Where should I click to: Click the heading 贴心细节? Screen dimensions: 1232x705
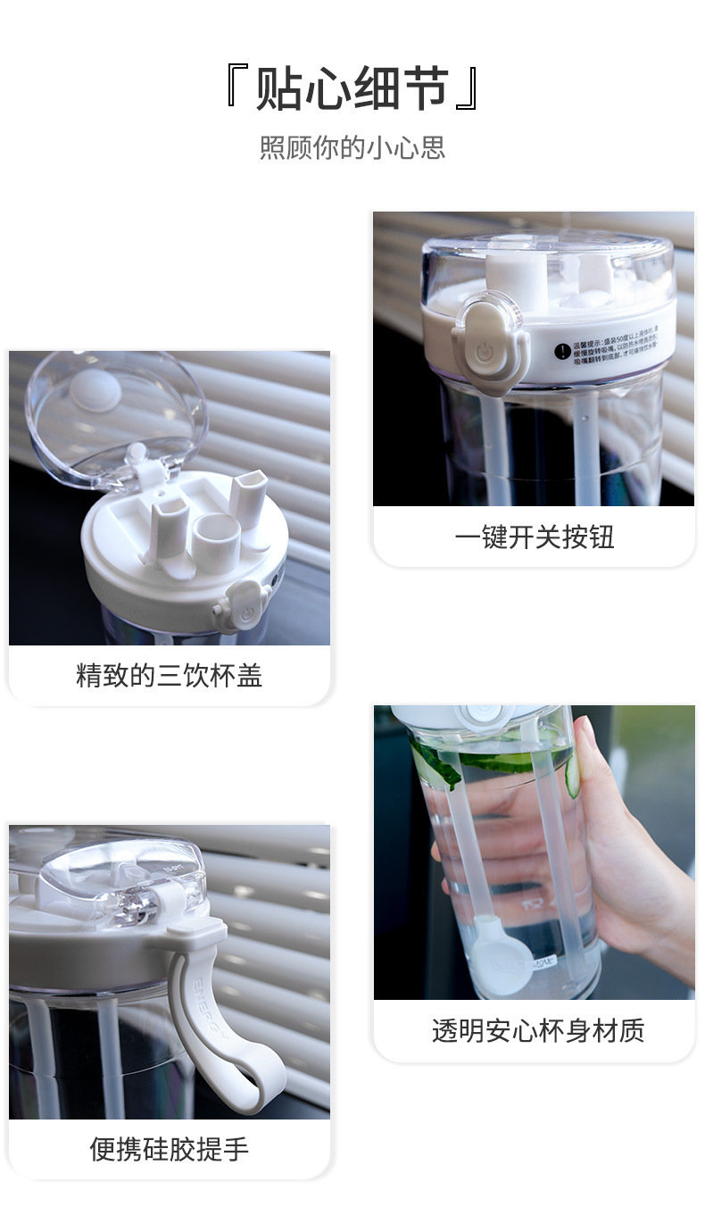(352, 89)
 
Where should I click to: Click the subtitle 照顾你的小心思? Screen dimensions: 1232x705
(352, 147)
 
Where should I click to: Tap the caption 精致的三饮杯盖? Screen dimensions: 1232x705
(169, 676)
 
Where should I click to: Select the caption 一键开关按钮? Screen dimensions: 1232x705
(534, 537)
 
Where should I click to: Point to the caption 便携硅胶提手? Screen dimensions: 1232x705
(169, 1149)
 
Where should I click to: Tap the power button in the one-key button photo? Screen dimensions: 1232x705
(484, 352)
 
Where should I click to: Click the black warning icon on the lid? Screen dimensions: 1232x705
(561, 352)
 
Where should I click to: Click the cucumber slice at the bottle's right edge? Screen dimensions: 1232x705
(572, 775)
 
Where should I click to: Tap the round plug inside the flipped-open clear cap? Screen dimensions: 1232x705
(96, 390)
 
